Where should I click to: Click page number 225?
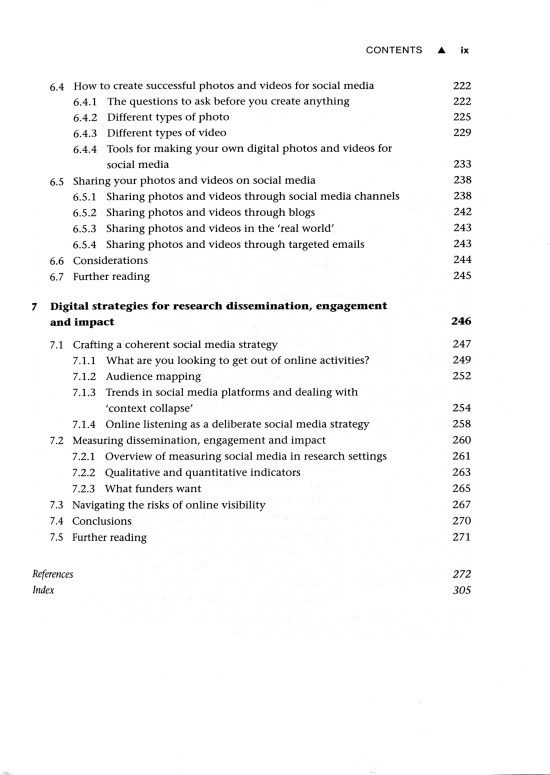(x=461, y=117)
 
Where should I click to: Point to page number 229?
(x=461, y=132)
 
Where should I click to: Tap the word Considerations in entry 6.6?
(x=110, y=260)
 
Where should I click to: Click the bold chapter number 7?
(x=35, y=306)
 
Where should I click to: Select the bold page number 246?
(x=460, y=323)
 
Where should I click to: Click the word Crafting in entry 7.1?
(x=97, y=344)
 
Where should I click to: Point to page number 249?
(x=461, y=360)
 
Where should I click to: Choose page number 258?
(x=461, y=424)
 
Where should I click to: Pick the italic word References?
(x=53, y=574)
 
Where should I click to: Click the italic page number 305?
(x=461, y=590)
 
